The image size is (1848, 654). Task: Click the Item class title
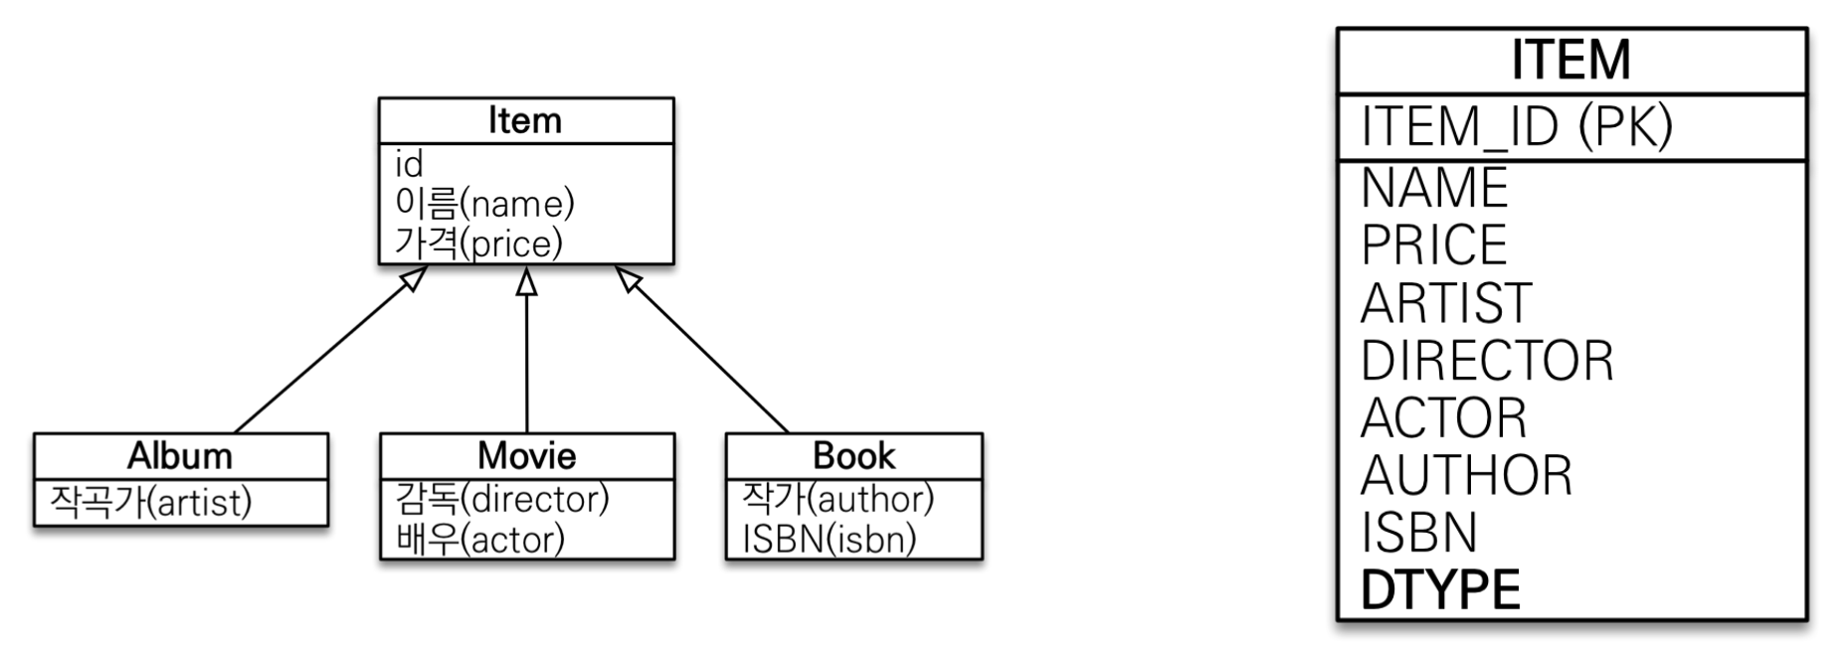[x=525, y=121]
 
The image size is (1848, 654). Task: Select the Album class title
[x=180, y=456]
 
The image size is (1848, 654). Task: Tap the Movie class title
[x=526, y=456]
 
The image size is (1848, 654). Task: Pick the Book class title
[x=853, y=456]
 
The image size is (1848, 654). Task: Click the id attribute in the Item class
[x=409, y=164]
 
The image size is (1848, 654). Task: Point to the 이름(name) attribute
[x=484, y=204]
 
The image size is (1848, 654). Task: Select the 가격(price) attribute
[x=478, y=244]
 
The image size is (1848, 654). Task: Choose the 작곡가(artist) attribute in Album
[x=150, y=503]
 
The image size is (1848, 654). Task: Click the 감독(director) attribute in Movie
[x=501, y=499]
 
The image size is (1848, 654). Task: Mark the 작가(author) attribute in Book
[x=837, y=499]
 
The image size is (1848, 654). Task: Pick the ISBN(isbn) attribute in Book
[x=829, y=540]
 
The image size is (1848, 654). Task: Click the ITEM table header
[x=1571, y=60]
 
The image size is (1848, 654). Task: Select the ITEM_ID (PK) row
[x=1517, y=126]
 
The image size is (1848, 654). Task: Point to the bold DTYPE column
[x=1440, y=590]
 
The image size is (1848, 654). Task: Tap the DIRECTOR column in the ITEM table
[x=1487, y=361]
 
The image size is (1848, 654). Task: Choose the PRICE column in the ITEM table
[x=1434, y=245]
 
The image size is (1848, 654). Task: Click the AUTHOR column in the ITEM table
[x=1466, y=476]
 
